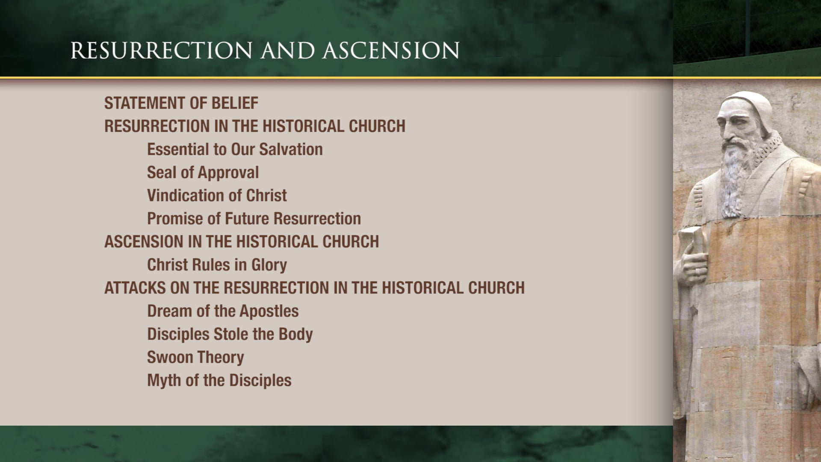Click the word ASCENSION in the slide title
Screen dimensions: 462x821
pos(391,50)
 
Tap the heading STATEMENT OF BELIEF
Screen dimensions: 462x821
pos(181,103)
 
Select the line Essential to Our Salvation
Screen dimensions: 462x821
pos(235,149)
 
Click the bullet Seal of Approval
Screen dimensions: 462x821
pos(203,172)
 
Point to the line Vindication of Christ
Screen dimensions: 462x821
pos(217,195)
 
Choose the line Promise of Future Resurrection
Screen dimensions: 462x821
pos(254,219)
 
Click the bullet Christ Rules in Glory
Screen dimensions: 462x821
pos(217,265)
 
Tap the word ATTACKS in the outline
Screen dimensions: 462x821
pos(135,288)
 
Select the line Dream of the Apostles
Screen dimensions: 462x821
pos(223,311)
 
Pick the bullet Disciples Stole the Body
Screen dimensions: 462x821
pos(230,334)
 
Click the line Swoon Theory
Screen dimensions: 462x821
pos(195,357)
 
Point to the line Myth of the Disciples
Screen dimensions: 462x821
pos(219,380)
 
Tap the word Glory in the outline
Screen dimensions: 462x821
pos(269,265)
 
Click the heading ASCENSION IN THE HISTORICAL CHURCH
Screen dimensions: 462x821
pos(242,242)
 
